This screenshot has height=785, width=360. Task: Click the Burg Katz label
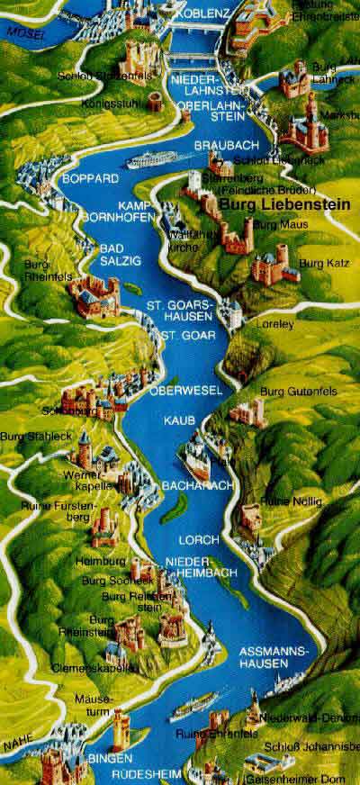pyautogui.click(x=317, y=263)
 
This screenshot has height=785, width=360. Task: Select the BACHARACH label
pyautogui.click(x=187, y=485)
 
